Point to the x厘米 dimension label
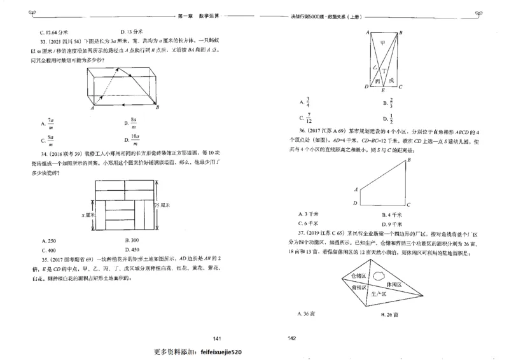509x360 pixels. point(88,215)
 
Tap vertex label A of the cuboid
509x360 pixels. point(92,108)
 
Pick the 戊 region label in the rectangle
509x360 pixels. point(392,80)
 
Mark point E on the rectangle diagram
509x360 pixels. point(382,91)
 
